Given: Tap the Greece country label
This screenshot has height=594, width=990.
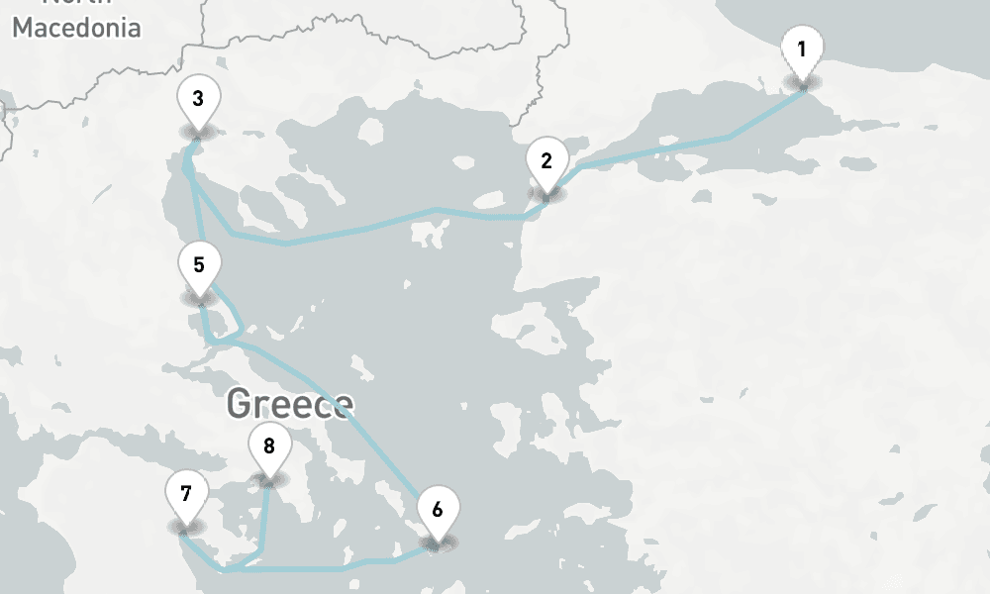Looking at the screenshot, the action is [x=289, y=403].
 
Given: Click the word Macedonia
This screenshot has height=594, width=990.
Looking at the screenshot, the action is [x=76, y=28].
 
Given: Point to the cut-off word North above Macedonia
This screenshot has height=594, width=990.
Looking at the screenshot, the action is [x=76, y=4].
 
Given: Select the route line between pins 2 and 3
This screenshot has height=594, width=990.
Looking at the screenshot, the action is [x=376, y=226].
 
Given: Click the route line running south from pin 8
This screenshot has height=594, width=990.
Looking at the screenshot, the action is [x=264, y=515].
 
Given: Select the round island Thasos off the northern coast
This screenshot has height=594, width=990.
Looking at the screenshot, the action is [x=370, y=131].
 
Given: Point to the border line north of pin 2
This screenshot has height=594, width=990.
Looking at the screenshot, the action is [x=542, y=89].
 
